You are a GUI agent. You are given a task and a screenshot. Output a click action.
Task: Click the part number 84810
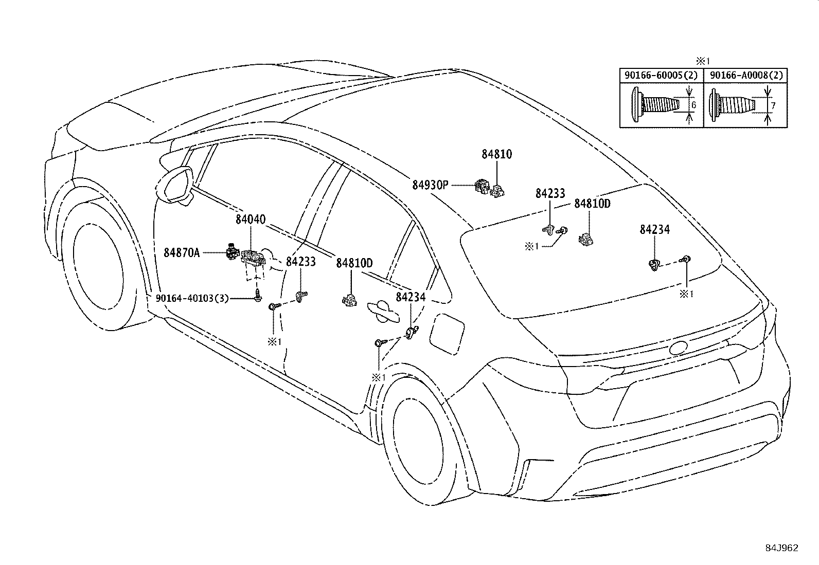(496, 154)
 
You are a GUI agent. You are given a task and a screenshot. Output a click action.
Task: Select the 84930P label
(430, 185)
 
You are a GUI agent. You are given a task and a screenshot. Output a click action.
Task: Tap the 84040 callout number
(251, 220)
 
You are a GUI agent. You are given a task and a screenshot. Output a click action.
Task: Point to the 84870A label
(182, 252)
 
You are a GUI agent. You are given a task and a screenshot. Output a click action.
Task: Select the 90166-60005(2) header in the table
(661, 75)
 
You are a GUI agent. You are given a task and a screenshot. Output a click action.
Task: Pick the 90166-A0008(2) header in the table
(746, 75)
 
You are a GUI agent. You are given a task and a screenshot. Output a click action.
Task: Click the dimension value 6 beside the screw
(693, 105)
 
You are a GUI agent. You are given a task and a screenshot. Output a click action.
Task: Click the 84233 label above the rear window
(550, 194)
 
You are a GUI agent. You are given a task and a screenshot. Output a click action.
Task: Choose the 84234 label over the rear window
(655, 230)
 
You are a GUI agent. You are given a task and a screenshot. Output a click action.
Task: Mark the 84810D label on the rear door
(354, 263)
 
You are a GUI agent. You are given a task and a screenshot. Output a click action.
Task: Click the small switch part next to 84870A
(233, 252)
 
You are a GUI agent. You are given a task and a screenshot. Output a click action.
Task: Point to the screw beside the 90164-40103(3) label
(258, 296)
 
